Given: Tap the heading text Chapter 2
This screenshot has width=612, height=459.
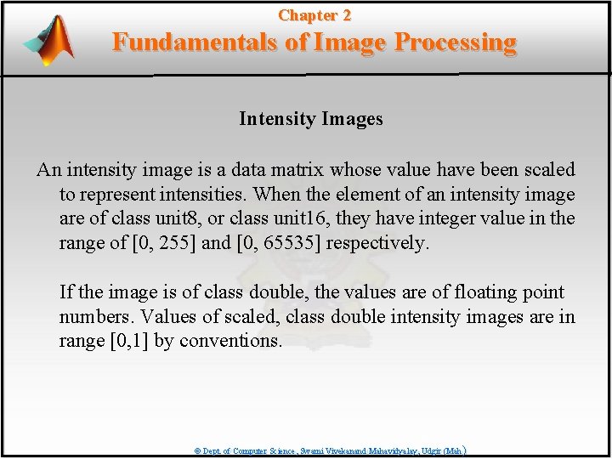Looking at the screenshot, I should (x=314, y=15).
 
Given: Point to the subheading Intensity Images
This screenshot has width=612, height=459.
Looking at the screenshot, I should (x=310, y=119).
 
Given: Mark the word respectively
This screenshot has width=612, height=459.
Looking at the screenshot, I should (x=377, y=244).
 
